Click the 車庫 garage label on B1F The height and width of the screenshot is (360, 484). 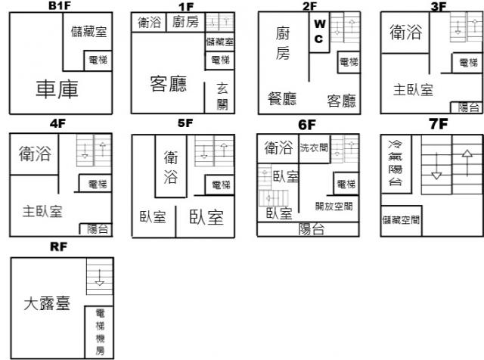pos(57,89)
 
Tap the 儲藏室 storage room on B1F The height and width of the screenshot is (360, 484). pos(88,42)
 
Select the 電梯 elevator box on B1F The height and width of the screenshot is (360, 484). pos(98,61)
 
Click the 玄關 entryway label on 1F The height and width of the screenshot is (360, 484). pos(222,97)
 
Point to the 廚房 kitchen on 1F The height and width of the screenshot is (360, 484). pos(185,22)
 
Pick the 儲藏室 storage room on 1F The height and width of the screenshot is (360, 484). pos(220,42)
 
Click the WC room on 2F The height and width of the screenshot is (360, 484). pos(319,32)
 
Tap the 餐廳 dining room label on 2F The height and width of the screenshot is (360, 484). pos(282,99)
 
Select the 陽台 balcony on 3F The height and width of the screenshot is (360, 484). pos(467,107)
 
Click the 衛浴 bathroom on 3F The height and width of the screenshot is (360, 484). pos(405,33)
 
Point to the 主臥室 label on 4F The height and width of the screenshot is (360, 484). pos(42,212)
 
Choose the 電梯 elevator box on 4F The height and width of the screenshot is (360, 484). pos(95,183)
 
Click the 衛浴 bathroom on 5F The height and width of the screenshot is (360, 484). pos(171,166)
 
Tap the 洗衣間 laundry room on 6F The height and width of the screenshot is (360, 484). pos(315,148)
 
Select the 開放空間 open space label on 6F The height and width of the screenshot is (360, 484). pos(334,206)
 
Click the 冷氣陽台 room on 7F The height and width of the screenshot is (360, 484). pos(396,164)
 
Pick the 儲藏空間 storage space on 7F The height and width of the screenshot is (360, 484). pos(402,221)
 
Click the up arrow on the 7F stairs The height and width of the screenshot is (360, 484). pos(467,163)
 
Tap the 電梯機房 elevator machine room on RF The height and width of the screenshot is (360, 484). pos(99,332)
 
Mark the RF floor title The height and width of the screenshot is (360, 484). pos(59,247)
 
